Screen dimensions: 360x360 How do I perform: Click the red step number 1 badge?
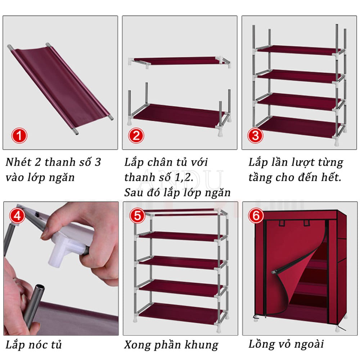point(19,135)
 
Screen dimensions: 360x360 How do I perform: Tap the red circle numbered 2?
point(136,135)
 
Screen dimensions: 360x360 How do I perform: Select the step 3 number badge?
point(255,135)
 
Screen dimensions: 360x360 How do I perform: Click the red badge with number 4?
point(17,216)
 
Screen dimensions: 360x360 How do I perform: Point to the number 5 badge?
point(137,216)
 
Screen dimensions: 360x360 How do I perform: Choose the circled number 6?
point(256,215)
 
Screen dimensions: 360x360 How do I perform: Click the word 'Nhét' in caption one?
point(19,162)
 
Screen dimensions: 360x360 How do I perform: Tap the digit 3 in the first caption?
point(98,162)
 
